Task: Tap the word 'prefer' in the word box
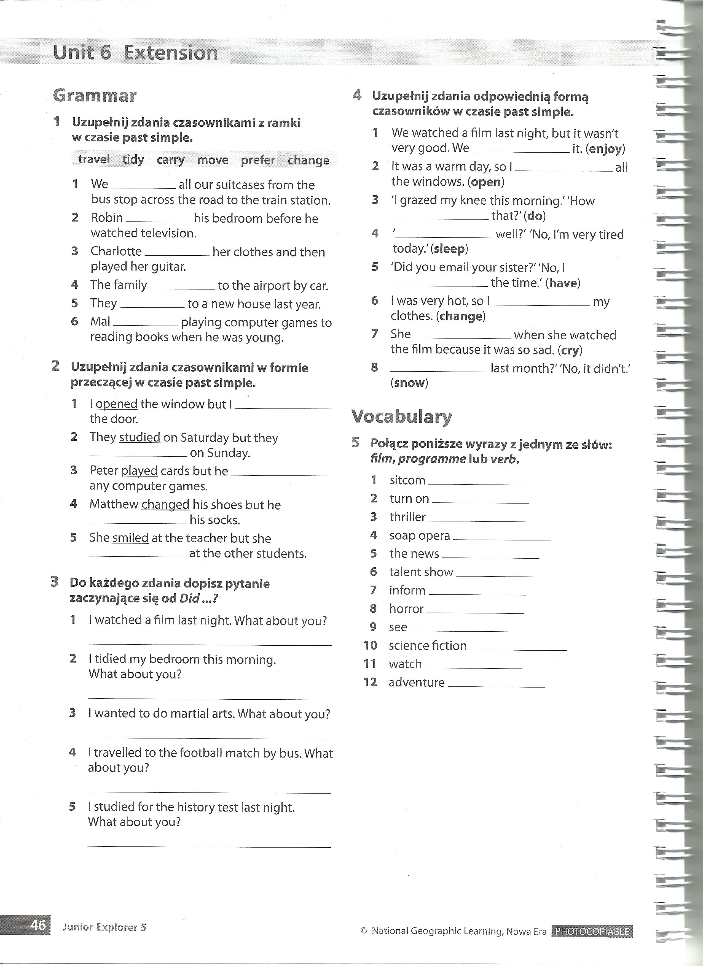(x=258, y=160)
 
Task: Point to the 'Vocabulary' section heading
(x=402, y=416)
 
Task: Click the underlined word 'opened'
(x=116, y=404)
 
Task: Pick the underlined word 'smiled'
(x=130, y=538)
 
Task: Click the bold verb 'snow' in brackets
(x=409, y=383)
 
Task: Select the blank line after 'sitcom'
(x=477, y=484)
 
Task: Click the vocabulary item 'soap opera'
(x=420, y=535)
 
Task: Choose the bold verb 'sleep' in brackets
(x=449, y=249)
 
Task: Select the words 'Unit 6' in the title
(x=82, y=53)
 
